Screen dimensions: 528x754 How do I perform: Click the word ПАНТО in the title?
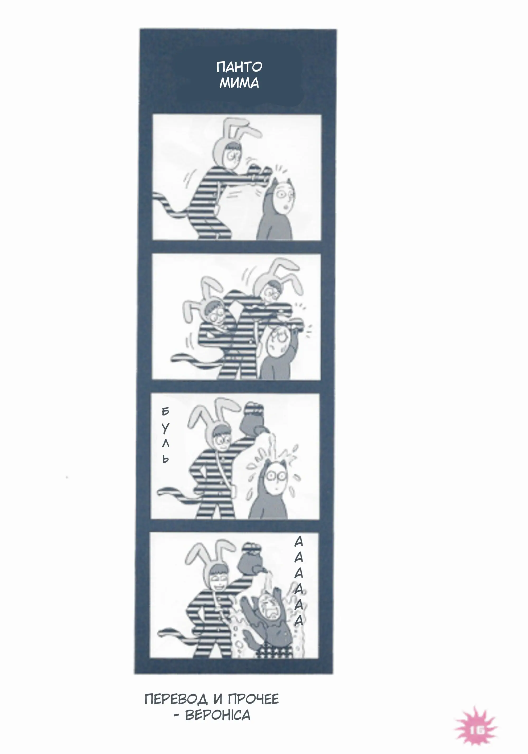[x=239, y=67]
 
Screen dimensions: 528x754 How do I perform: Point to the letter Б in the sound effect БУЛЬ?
[x=166, y=411]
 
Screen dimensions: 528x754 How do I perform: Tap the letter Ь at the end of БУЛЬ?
[x=166, y=459]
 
